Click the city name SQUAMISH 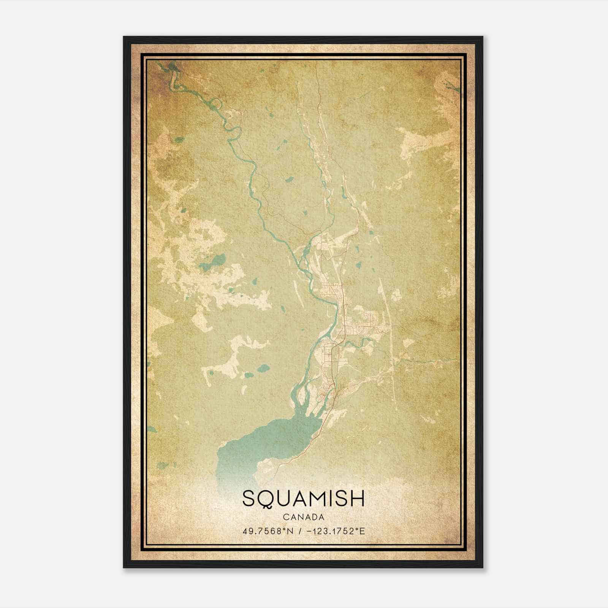coord(303,499)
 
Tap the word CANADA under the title coord(303,517)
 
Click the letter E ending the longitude coord(363,531)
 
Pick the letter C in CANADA coord(285,517)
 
